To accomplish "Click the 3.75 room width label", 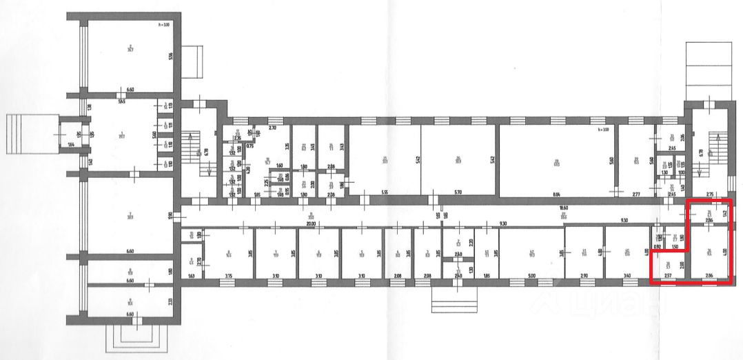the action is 229,276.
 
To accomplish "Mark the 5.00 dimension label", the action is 531,276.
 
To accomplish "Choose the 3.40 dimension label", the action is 625,276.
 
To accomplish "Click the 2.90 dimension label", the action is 584,276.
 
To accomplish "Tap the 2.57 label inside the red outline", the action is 667,276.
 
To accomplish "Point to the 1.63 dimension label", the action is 191,276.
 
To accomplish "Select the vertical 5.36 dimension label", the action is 170,57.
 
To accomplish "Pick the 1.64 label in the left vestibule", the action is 71,144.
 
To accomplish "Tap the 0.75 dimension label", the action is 250,146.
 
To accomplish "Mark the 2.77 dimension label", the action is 636,196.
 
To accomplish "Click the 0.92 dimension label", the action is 658,246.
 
